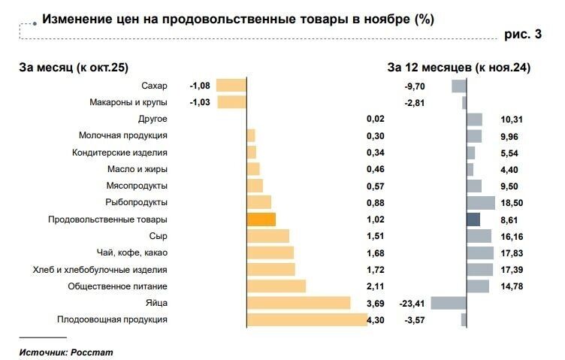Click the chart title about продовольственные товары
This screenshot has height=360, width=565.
[237, 19]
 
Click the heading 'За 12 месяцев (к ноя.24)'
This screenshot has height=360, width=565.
[459, 68]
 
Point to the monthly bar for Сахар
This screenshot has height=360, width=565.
[231, 86]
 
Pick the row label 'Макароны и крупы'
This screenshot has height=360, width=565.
[128, 102]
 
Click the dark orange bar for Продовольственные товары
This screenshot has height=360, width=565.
[261, 219]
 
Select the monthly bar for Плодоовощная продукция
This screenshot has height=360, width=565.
[307, 319]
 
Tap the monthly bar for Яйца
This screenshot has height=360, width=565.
[298, 303]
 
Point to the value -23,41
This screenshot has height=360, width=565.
[413, 303]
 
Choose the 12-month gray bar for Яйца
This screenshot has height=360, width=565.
[449, 303]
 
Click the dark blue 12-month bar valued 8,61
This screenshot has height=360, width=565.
[473, 219]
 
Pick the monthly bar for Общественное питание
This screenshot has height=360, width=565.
[276, 286]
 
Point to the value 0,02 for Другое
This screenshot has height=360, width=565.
[375, 119]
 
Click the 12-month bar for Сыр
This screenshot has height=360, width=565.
[479, 236]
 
